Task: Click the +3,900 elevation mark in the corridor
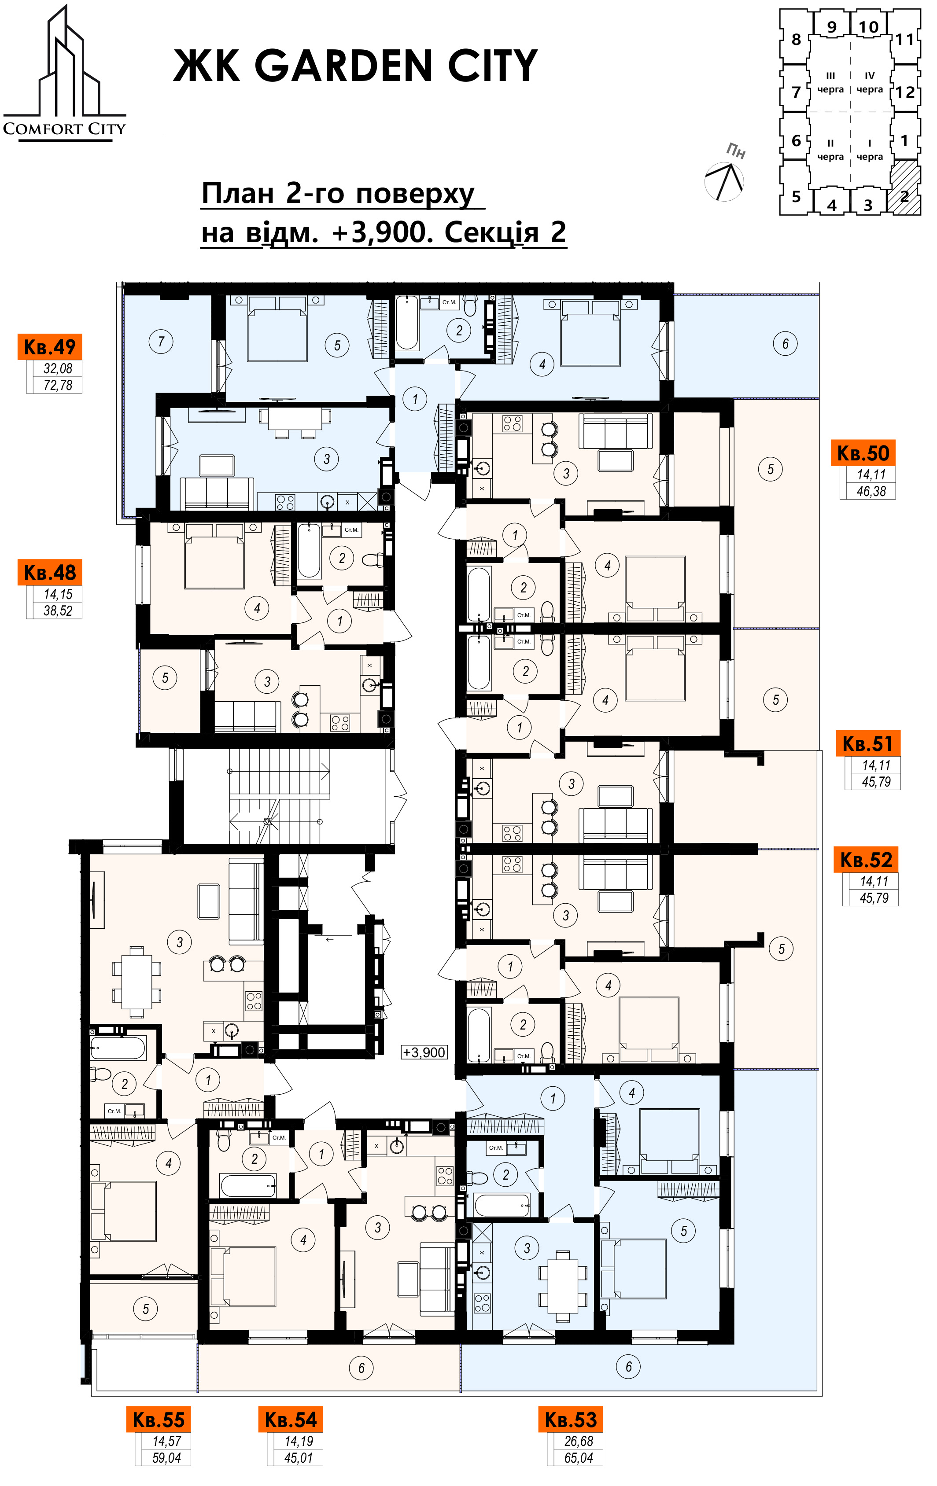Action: (x=424, y=1052)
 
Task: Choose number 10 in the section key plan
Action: (x=868, y=27)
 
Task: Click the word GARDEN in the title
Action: (x=344, y=66)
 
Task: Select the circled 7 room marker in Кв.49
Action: (x=161, y=341)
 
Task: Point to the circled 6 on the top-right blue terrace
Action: (x=785, y=343)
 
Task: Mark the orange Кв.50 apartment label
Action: (x=863, y=453)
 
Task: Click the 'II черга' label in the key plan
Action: (x=830, y=150)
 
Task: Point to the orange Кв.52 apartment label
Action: (x=866, y=859)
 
